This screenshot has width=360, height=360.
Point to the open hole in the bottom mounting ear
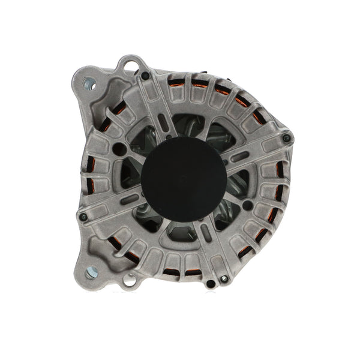coord(130,280)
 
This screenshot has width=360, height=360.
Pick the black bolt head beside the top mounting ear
coord(145,76)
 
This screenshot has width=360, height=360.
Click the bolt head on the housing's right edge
coord(287,138)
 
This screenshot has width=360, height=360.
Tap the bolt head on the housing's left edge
coord(83,217)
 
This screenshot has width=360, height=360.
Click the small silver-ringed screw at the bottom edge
coord(224,278)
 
